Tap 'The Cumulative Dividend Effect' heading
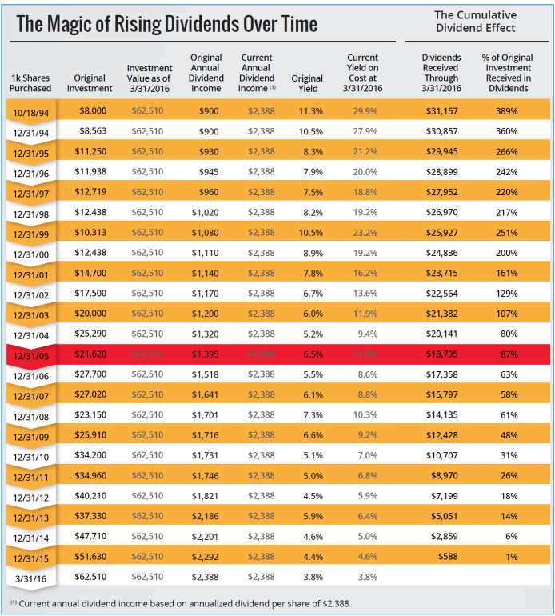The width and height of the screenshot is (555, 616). coord(475,22)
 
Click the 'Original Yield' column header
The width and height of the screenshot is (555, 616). coord(307,83)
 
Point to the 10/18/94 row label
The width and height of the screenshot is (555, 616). coord(31,110)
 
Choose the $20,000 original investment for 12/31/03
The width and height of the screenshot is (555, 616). coord(93,314)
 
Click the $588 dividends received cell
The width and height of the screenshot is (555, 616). coord(445,556)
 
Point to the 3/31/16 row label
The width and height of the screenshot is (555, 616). coord(31,577)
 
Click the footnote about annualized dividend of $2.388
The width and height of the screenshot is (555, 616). coord(185,602)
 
